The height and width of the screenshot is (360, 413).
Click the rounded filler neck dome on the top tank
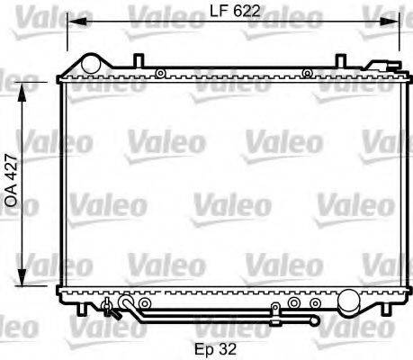(91, 64)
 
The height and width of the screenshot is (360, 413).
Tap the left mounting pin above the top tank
(137, 61)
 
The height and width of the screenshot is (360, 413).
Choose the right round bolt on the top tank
(308, 74)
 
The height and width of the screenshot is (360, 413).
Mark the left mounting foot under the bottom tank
(82, 309)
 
